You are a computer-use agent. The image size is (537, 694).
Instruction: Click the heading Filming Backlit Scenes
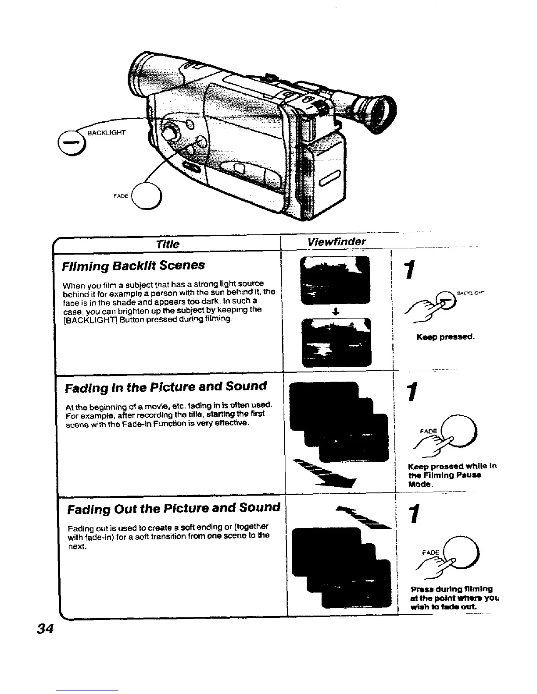133,266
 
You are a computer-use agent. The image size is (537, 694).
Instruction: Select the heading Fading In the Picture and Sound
165,387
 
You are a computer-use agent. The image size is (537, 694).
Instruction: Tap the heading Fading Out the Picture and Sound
173,508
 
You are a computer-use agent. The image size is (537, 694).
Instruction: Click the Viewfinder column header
337,242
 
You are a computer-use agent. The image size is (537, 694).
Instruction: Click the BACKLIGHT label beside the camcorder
107,132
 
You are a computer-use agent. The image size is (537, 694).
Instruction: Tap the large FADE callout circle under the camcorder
147,195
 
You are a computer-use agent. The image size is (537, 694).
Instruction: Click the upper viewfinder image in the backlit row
335,281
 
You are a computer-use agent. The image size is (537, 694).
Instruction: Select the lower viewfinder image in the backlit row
336,342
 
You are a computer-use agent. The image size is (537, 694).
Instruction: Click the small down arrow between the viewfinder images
335,312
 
